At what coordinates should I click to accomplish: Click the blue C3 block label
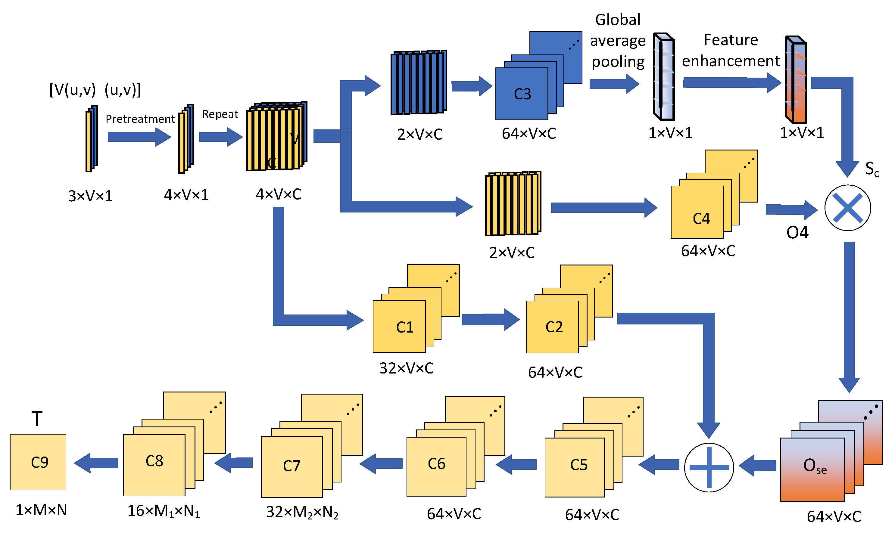522,94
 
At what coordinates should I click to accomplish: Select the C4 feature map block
697,212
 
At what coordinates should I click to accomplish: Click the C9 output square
38,462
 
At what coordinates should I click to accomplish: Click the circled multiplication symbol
848,208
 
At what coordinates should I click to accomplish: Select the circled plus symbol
709,468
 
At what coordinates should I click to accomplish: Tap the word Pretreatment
140,119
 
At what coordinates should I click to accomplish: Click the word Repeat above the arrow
220,114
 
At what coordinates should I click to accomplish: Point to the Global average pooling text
618,41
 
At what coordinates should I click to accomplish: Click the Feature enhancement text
731,50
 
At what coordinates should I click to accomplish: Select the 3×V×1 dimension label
90,196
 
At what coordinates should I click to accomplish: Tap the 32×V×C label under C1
406,368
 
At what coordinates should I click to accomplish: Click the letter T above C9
37,419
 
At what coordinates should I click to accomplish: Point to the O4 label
797,233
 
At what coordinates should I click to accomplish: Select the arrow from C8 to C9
96,463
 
